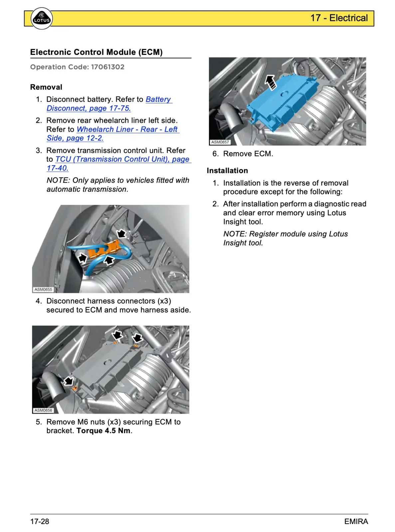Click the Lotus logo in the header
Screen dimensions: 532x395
pos(42,19)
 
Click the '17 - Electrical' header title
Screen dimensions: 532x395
pos(339,18)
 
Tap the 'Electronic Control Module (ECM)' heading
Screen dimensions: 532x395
pos(96,52)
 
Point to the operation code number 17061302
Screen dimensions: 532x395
pos(107,67)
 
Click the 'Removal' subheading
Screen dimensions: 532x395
pos(46,87)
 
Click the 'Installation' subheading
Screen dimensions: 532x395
pos(227,171)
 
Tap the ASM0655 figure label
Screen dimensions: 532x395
pos(43,289)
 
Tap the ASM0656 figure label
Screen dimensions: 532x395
pos(43,410)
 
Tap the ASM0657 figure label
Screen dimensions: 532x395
pos(220,142)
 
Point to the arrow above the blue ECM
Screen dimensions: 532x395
pos(270,82)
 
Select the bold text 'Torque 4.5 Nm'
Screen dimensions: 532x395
pos(103,431)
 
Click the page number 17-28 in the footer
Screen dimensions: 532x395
pos(40,521)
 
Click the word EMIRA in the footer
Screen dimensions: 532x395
pos(356,521)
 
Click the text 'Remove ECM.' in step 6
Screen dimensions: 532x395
pos(248,154)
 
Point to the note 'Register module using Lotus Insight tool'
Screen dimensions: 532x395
pos(285,238)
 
